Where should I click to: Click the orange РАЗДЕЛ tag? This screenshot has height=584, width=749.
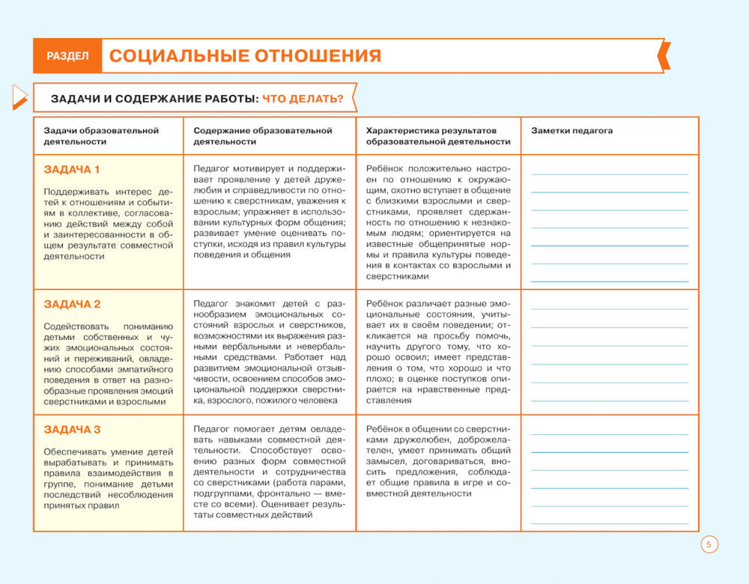[67, 56]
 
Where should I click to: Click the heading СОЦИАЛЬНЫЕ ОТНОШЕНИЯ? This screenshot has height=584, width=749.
[245, 56]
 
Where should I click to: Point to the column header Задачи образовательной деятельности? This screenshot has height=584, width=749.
[101, 136]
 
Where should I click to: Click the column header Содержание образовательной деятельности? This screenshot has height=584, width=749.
[262, 136]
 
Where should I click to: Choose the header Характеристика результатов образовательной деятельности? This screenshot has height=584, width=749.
[438, 136]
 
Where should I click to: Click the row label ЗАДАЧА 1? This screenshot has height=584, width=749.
[72, 169]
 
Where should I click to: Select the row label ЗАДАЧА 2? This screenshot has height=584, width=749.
[72, 304]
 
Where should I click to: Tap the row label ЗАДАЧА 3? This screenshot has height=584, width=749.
[72, 429]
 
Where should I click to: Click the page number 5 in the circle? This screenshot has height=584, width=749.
[709, 544]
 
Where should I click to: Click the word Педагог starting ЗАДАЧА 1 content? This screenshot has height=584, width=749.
[210, 169]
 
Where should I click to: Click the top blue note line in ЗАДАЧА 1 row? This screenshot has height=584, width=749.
[609, 174]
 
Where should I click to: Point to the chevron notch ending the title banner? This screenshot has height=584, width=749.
[662, 56]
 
